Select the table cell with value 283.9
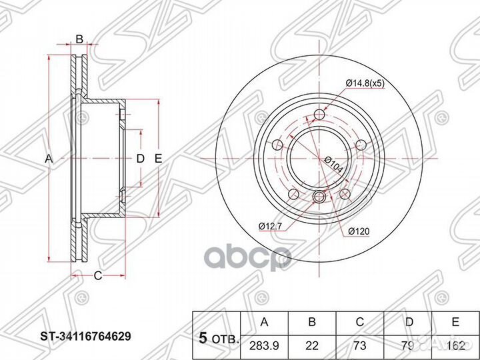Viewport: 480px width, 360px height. point(264,345)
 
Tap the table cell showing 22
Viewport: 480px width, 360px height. point(311,345)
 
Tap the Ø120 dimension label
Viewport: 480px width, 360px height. point(358,231)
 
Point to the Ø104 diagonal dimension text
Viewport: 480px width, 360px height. point(333,165)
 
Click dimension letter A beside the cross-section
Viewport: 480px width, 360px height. point(47,159)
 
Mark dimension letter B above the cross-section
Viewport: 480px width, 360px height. point(79,41)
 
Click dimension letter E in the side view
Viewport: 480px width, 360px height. point(158,159)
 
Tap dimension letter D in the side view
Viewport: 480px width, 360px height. point(140,159)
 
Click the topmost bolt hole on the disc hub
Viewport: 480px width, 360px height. point(319,115)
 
